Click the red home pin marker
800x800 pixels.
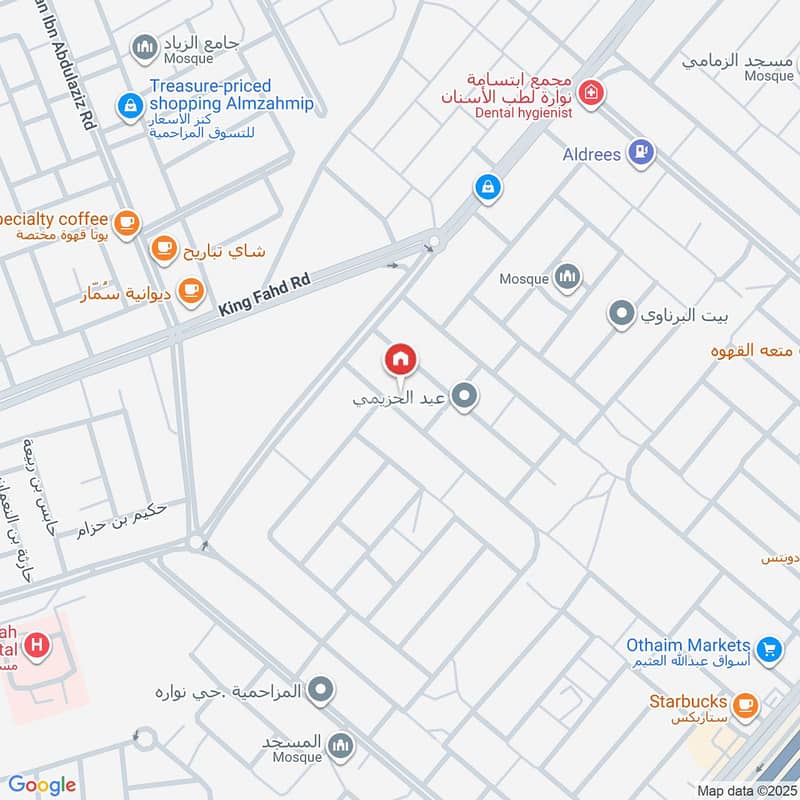coord(400,359)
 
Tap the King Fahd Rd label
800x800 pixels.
coord(266,296)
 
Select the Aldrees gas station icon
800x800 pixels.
coord(641,153)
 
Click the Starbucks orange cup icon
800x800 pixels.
coord(744,703)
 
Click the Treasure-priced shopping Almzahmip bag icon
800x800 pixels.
coord(129,104)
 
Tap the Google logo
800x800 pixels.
coord(41,785)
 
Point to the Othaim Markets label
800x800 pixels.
coord(687,645)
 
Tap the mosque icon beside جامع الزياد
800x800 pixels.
coord(146,46)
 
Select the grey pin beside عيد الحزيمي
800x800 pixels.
coord(463,398)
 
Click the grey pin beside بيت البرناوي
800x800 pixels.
coord(622,316)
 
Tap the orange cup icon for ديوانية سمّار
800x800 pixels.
coord(191,291)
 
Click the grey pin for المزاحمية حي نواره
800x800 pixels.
coord(321,689)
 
